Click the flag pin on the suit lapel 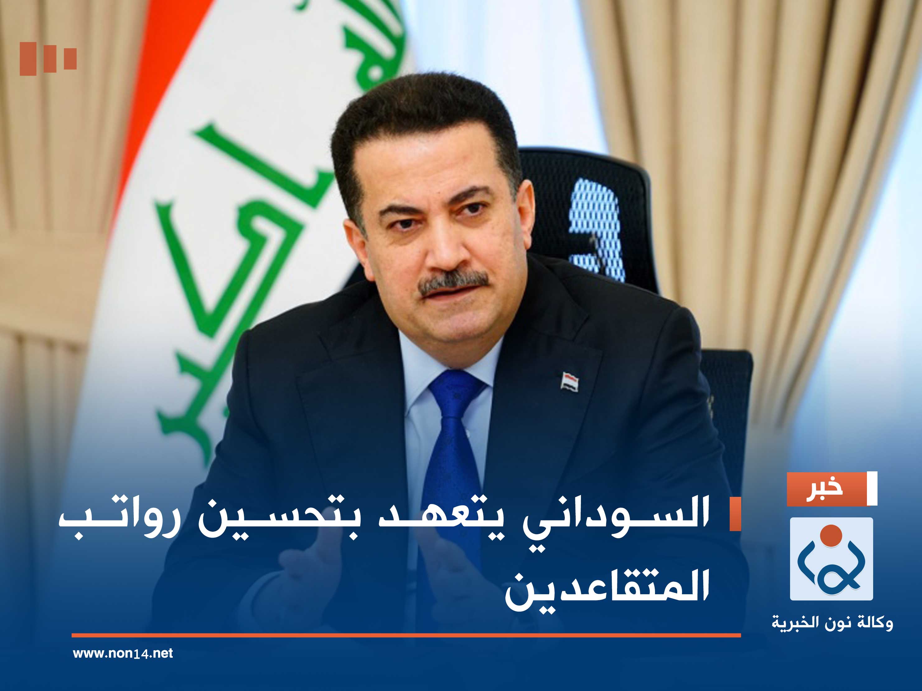(x=569, y=381)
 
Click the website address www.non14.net (x=123, y=653)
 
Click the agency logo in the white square (x=831, y=558)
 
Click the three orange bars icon (x=48, y=58)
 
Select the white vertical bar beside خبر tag (x=872, y=488)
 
